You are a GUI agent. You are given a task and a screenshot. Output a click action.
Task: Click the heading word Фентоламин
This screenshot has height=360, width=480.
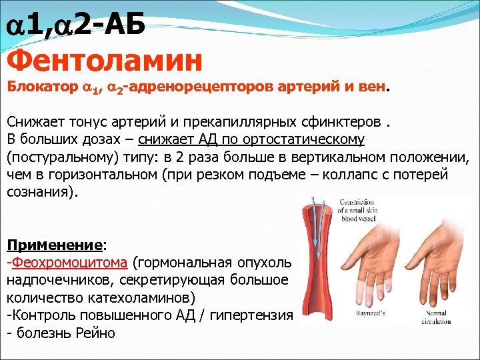105,61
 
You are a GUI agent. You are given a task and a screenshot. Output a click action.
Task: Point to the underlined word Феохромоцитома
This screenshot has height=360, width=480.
69,261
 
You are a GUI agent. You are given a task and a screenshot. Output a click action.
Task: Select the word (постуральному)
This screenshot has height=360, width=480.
65,158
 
